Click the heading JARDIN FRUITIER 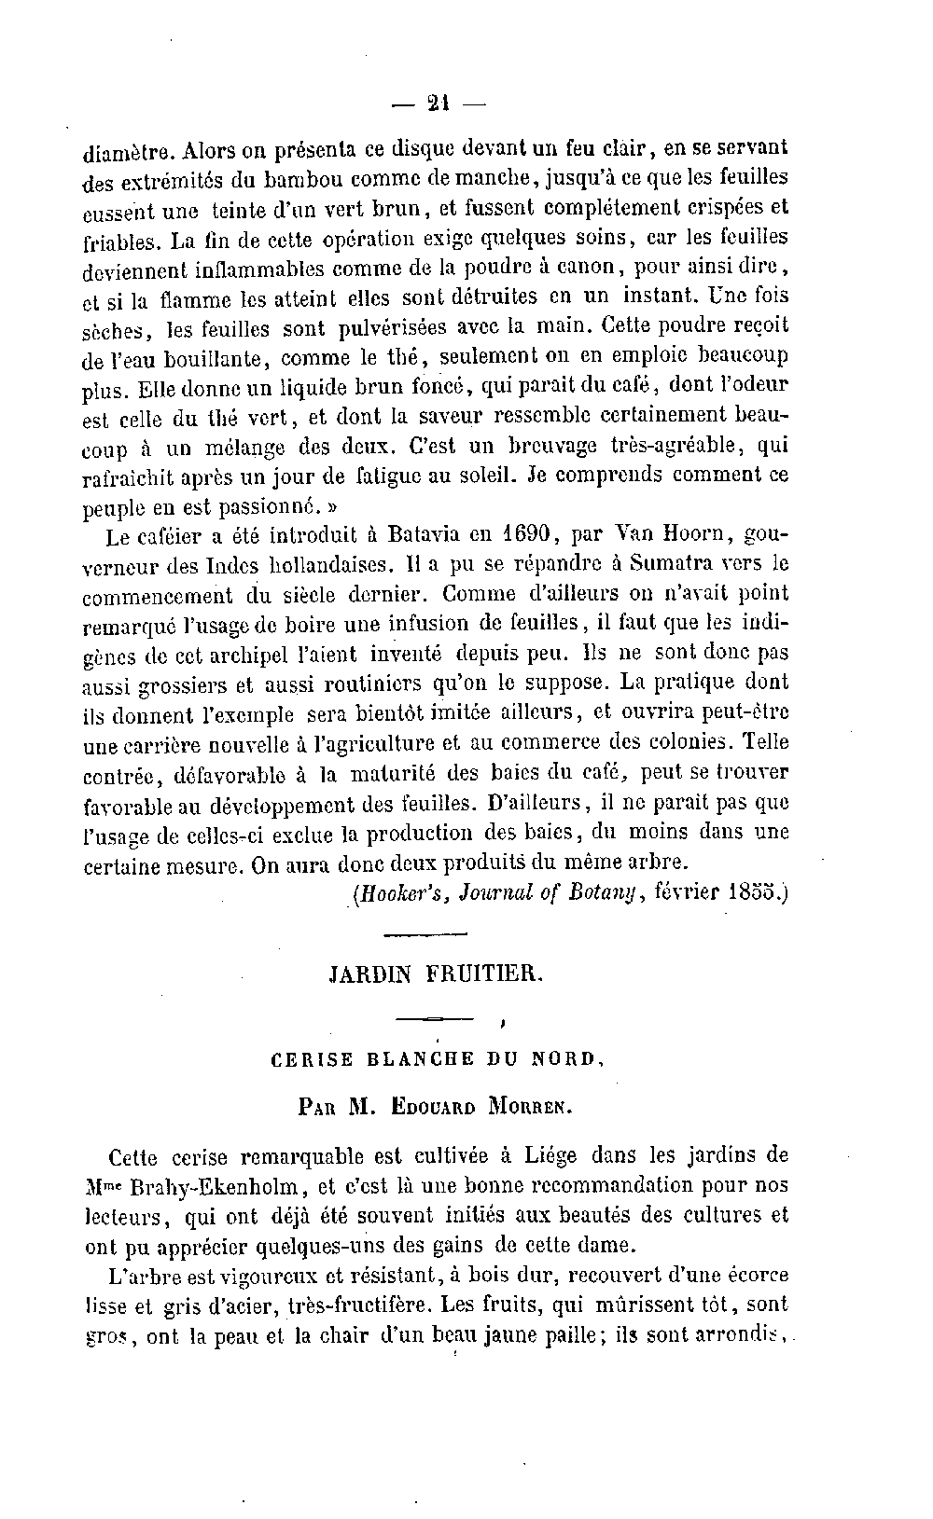click(436, 976)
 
